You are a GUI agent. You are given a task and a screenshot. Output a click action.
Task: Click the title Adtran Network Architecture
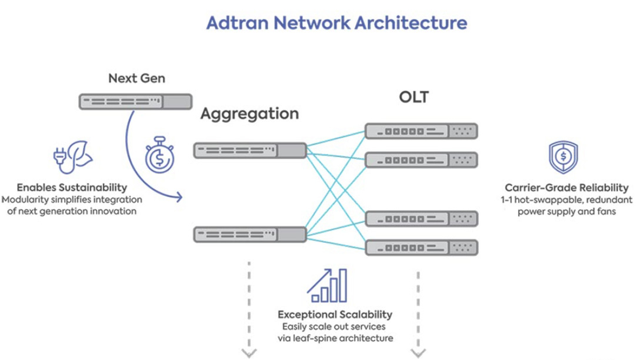336,24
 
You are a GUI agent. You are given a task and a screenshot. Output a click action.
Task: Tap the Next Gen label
136,78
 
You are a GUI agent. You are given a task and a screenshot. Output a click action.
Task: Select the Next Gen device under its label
136,102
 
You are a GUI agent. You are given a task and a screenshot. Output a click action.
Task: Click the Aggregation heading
249,114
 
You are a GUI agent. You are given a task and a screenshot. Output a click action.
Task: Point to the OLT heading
414,97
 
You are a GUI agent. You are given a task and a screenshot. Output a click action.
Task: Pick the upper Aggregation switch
250,151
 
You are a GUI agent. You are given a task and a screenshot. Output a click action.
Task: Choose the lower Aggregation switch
250,235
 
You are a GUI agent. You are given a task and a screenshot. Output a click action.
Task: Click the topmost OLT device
421,131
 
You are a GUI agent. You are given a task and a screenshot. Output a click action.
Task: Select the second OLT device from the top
421,159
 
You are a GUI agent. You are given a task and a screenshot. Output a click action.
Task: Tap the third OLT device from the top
421,219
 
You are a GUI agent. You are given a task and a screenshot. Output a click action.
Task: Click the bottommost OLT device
421,247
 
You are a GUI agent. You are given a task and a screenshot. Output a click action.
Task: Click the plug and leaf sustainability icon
72,156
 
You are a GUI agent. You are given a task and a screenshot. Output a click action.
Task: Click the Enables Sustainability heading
72,188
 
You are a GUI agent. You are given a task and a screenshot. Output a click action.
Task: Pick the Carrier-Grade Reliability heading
566,188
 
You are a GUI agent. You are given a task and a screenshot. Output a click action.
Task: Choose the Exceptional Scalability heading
335,315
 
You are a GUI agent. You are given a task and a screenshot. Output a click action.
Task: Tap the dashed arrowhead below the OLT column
418,353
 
